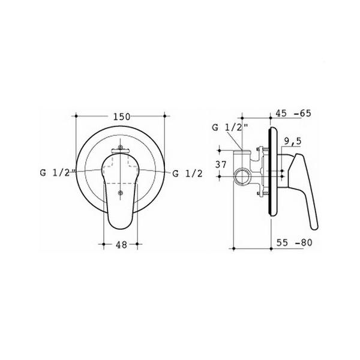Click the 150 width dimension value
pyautogui.click(x=122, y=116)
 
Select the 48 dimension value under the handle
pyautogui.click(x=121, y=245)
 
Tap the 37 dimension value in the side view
pyautogui.click(x=221, y=164)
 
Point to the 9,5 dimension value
pyautogui.click(x=293, y=141)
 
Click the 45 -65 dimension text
pyautogui.click(x=293, y=113)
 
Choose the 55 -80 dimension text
pyautogui.click(x=294, y=242)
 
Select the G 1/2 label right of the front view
pyautogui.click(x=187, y=173)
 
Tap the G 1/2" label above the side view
pyautogui.click(x=230, y=127)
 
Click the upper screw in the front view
pyautogui.click(x=120, y=147)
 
